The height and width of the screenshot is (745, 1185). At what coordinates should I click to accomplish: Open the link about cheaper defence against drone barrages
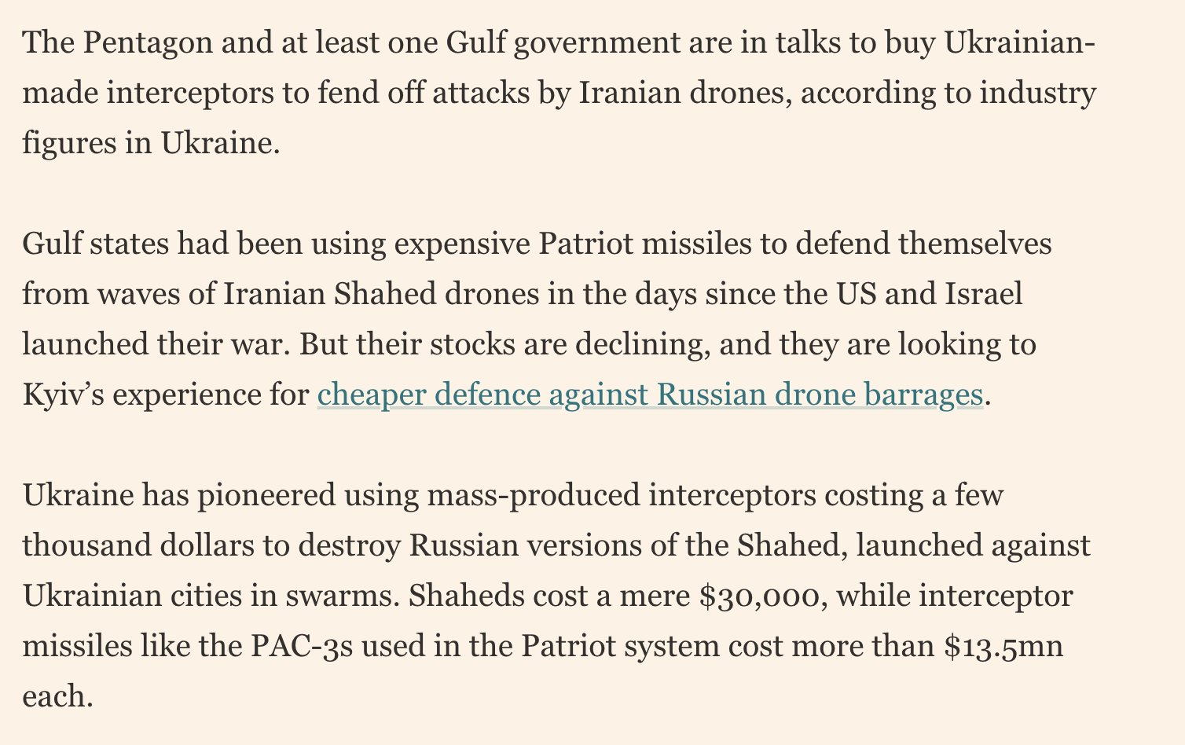pyautogui.click(x=649, y=395)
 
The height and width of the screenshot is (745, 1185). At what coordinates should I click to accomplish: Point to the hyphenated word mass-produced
pyautogui.click(x=534, y=496)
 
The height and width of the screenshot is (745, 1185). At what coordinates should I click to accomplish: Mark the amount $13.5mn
pyautogui.click(x=1003, y=647)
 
